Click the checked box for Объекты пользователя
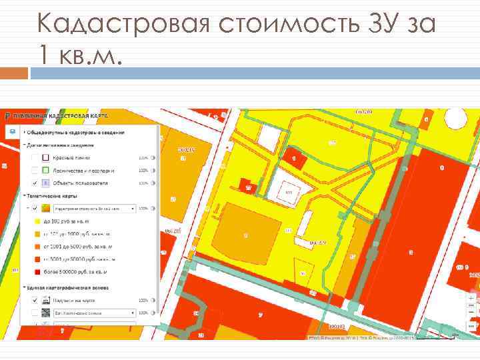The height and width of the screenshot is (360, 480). (34, 183)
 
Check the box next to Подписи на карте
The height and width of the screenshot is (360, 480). (34, 300)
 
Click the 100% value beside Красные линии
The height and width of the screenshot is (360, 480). (142, 158)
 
